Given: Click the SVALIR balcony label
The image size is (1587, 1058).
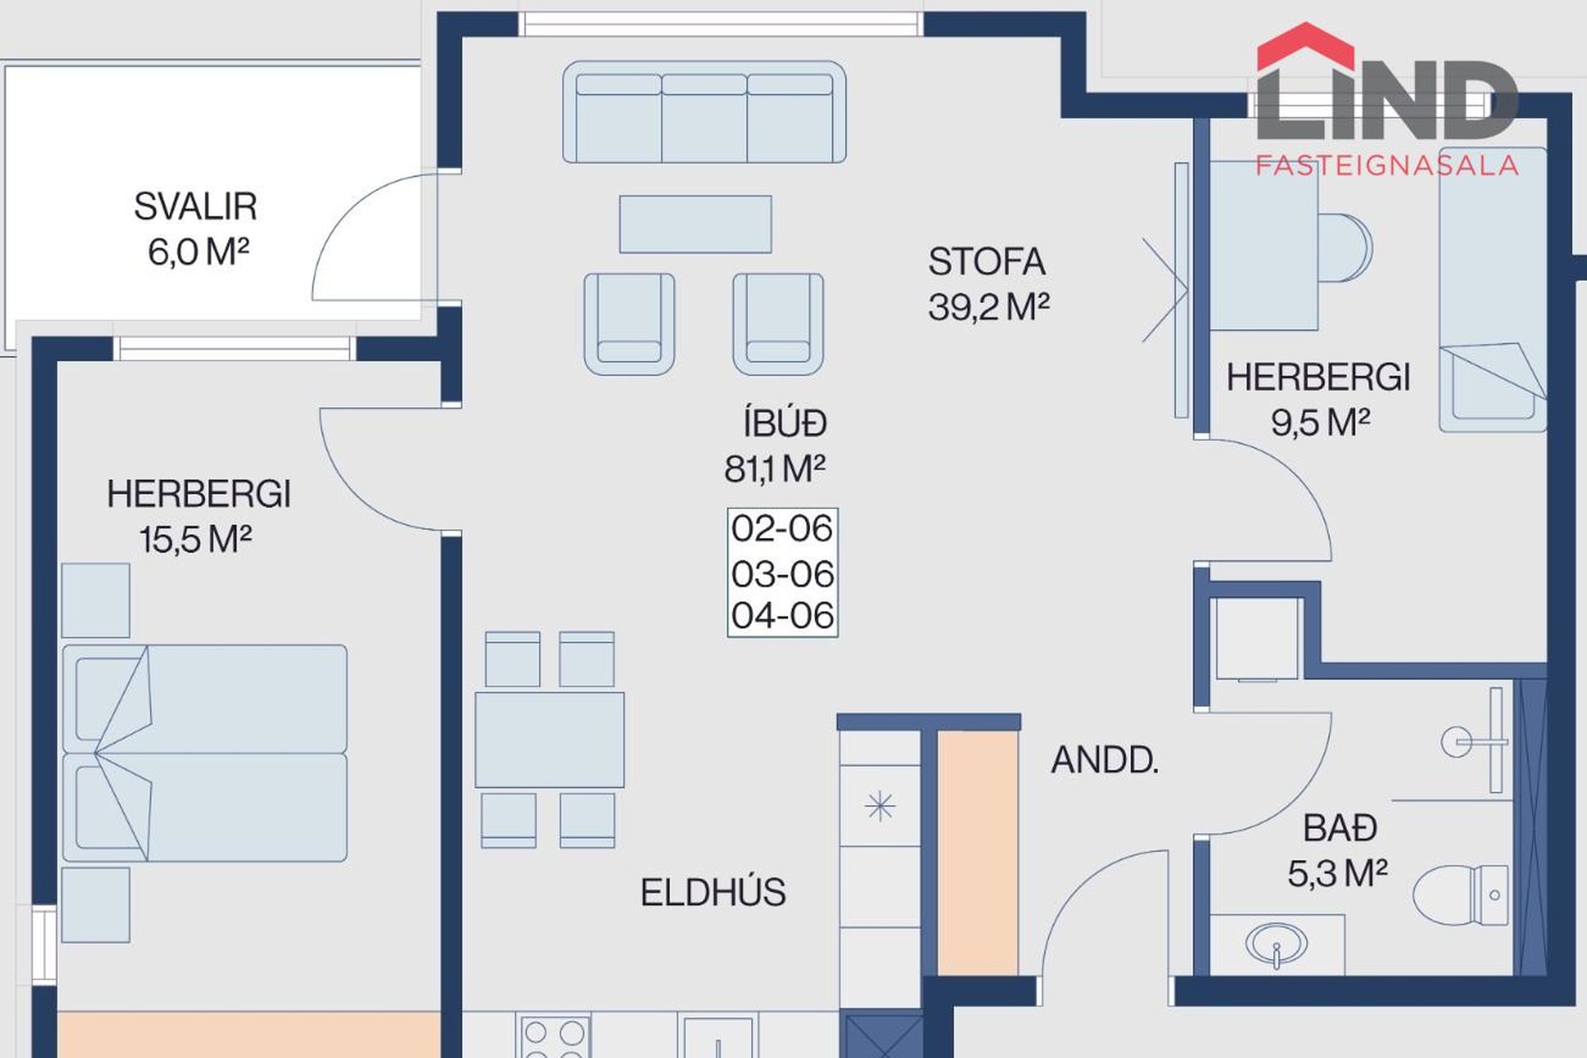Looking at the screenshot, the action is coord(195,207).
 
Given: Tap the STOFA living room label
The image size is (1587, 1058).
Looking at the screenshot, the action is coord(987,262).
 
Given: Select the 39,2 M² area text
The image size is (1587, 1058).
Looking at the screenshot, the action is coord(989,307).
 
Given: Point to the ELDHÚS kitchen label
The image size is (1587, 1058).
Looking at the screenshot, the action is coord(712,893).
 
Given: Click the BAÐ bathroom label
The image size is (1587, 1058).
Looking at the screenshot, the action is coord(1340,828).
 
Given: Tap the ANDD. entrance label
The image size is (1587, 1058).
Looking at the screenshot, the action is coord(1104,760).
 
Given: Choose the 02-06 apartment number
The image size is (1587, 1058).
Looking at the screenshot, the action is coord(782,529).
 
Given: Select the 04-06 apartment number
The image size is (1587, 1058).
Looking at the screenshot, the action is coord(782,616).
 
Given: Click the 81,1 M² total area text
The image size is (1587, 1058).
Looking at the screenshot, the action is coord(774,469).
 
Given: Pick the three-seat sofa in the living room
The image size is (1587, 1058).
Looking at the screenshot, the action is coord(704,112).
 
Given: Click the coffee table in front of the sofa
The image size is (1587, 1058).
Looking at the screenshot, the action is coord(695,224).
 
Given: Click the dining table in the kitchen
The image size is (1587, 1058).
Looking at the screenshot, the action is coord(550,740).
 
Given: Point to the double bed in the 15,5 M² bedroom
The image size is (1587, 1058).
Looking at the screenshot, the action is coord(205,753).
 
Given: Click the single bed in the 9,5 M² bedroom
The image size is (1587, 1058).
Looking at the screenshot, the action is coord(1493,289).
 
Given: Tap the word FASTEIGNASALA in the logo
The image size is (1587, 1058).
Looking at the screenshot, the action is coord(1387,165).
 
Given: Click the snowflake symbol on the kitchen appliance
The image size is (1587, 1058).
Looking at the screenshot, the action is coord(879,806).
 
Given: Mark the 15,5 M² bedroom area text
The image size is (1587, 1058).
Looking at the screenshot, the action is coord(195,541).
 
